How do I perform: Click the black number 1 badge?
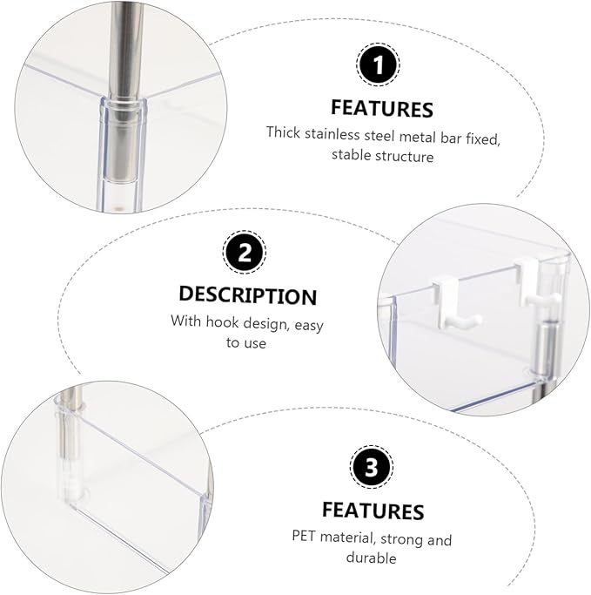(378, 64)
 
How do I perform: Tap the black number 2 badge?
(244, 252)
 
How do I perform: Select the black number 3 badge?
(371, 467)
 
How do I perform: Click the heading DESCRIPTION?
(247, 295)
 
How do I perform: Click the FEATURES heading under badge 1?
(382, 109)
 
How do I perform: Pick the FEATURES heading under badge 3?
(373, 510)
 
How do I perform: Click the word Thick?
(283, 132)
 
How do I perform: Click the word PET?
(303, 536)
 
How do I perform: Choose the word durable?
(371, 558)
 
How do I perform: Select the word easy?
(309, 326)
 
